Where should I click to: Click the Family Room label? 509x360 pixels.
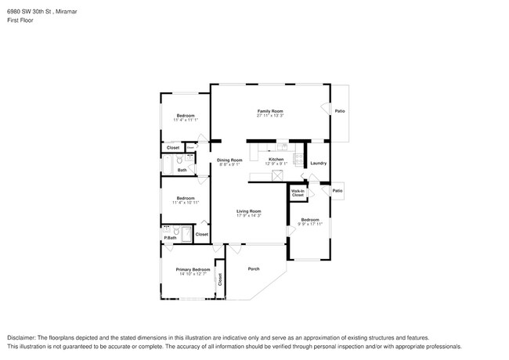(270, 111)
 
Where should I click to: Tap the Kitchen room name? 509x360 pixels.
(276, 159)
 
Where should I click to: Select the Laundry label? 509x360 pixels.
(318, 163)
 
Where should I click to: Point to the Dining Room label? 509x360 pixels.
(229, 160)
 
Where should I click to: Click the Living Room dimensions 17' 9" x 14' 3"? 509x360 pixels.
(250, 216)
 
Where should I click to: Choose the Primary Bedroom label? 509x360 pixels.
(193, 269)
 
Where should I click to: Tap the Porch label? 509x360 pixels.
(254, 268)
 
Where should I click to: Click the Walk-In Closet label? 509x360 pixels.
(298, 193)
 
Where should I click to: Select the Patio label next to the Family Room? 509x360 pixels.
(340, 111)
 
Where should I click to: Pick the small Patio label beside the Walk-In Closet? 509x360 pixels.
(337, 191)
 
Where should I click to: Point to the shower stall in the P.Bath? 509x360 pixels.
(186, 233)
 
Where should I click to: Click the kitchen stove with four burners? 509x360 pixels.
(298, 159)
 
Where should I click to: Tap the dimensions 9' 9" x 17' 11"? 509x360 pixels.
(311, 225)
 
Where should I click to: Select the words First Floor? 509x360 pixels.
(20, 20)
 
